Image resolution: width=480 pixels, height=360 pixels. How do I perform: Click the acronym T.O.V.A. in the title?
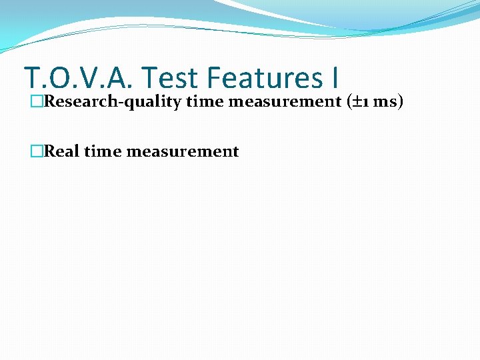79,78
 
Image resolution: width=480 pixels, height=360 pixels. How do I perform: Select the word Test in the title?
170,78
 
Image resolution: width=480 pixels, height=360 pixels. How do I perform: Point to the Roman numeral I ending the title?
333,78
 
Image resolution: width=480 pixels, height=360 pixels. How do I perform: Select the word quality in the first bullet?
151,101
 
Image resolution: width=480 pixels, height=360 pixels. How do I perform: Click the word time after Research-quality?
204,101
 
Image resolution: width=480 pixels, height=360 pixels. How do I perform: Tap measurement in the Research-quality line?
284,101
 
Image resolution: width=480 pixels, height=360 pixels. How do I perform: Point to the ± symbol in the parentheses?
358,101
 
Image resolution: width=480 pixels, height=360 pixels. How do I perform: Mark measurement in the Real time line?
182,151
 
